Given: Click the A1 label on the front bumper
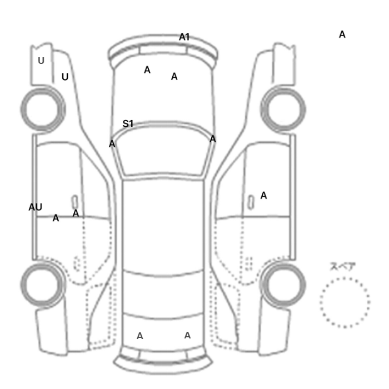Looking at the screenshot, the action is [184, 37].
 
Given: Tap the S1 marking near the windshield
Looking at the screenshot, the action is [128, 123].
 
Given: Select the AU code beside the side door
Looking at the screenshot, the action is [35, 207].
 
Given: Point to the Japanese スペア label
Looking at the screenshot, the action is [342, 266].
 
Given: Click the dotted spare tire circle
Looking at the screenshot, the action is [345, 278].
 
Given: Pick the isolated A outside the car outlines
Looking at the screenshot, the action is [342, 34].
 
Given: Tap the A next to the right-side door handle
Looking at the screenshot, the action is [263, 196].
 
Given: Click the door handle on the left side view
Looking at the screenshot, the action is [74, 202].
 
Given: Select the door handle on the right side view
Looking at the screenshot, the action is [251, 202].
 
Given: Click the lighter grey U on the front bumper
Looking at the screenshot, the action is [41, 61].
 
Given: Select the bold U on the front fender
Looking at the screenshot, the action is [65, 77].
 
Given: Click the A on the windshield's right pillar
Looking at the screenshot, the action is [213, 139].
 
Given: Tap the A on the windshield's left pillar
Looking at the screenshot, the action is [112, 144].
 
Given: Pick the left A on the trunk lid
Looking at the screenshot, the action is [140, 336].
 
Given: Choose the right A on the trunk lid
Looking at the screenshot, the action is [187, 336].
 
